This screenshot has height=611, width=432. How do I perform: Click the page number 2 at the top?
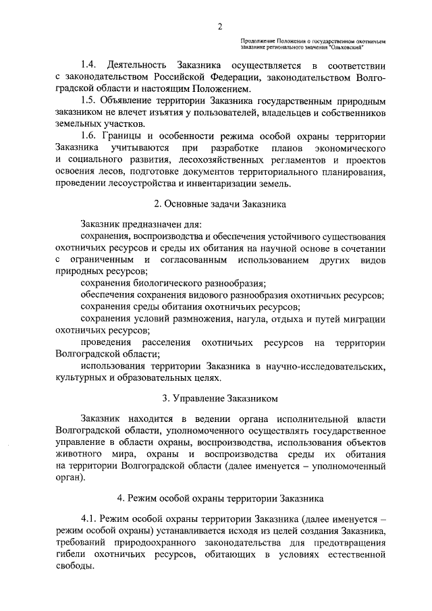220,26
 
